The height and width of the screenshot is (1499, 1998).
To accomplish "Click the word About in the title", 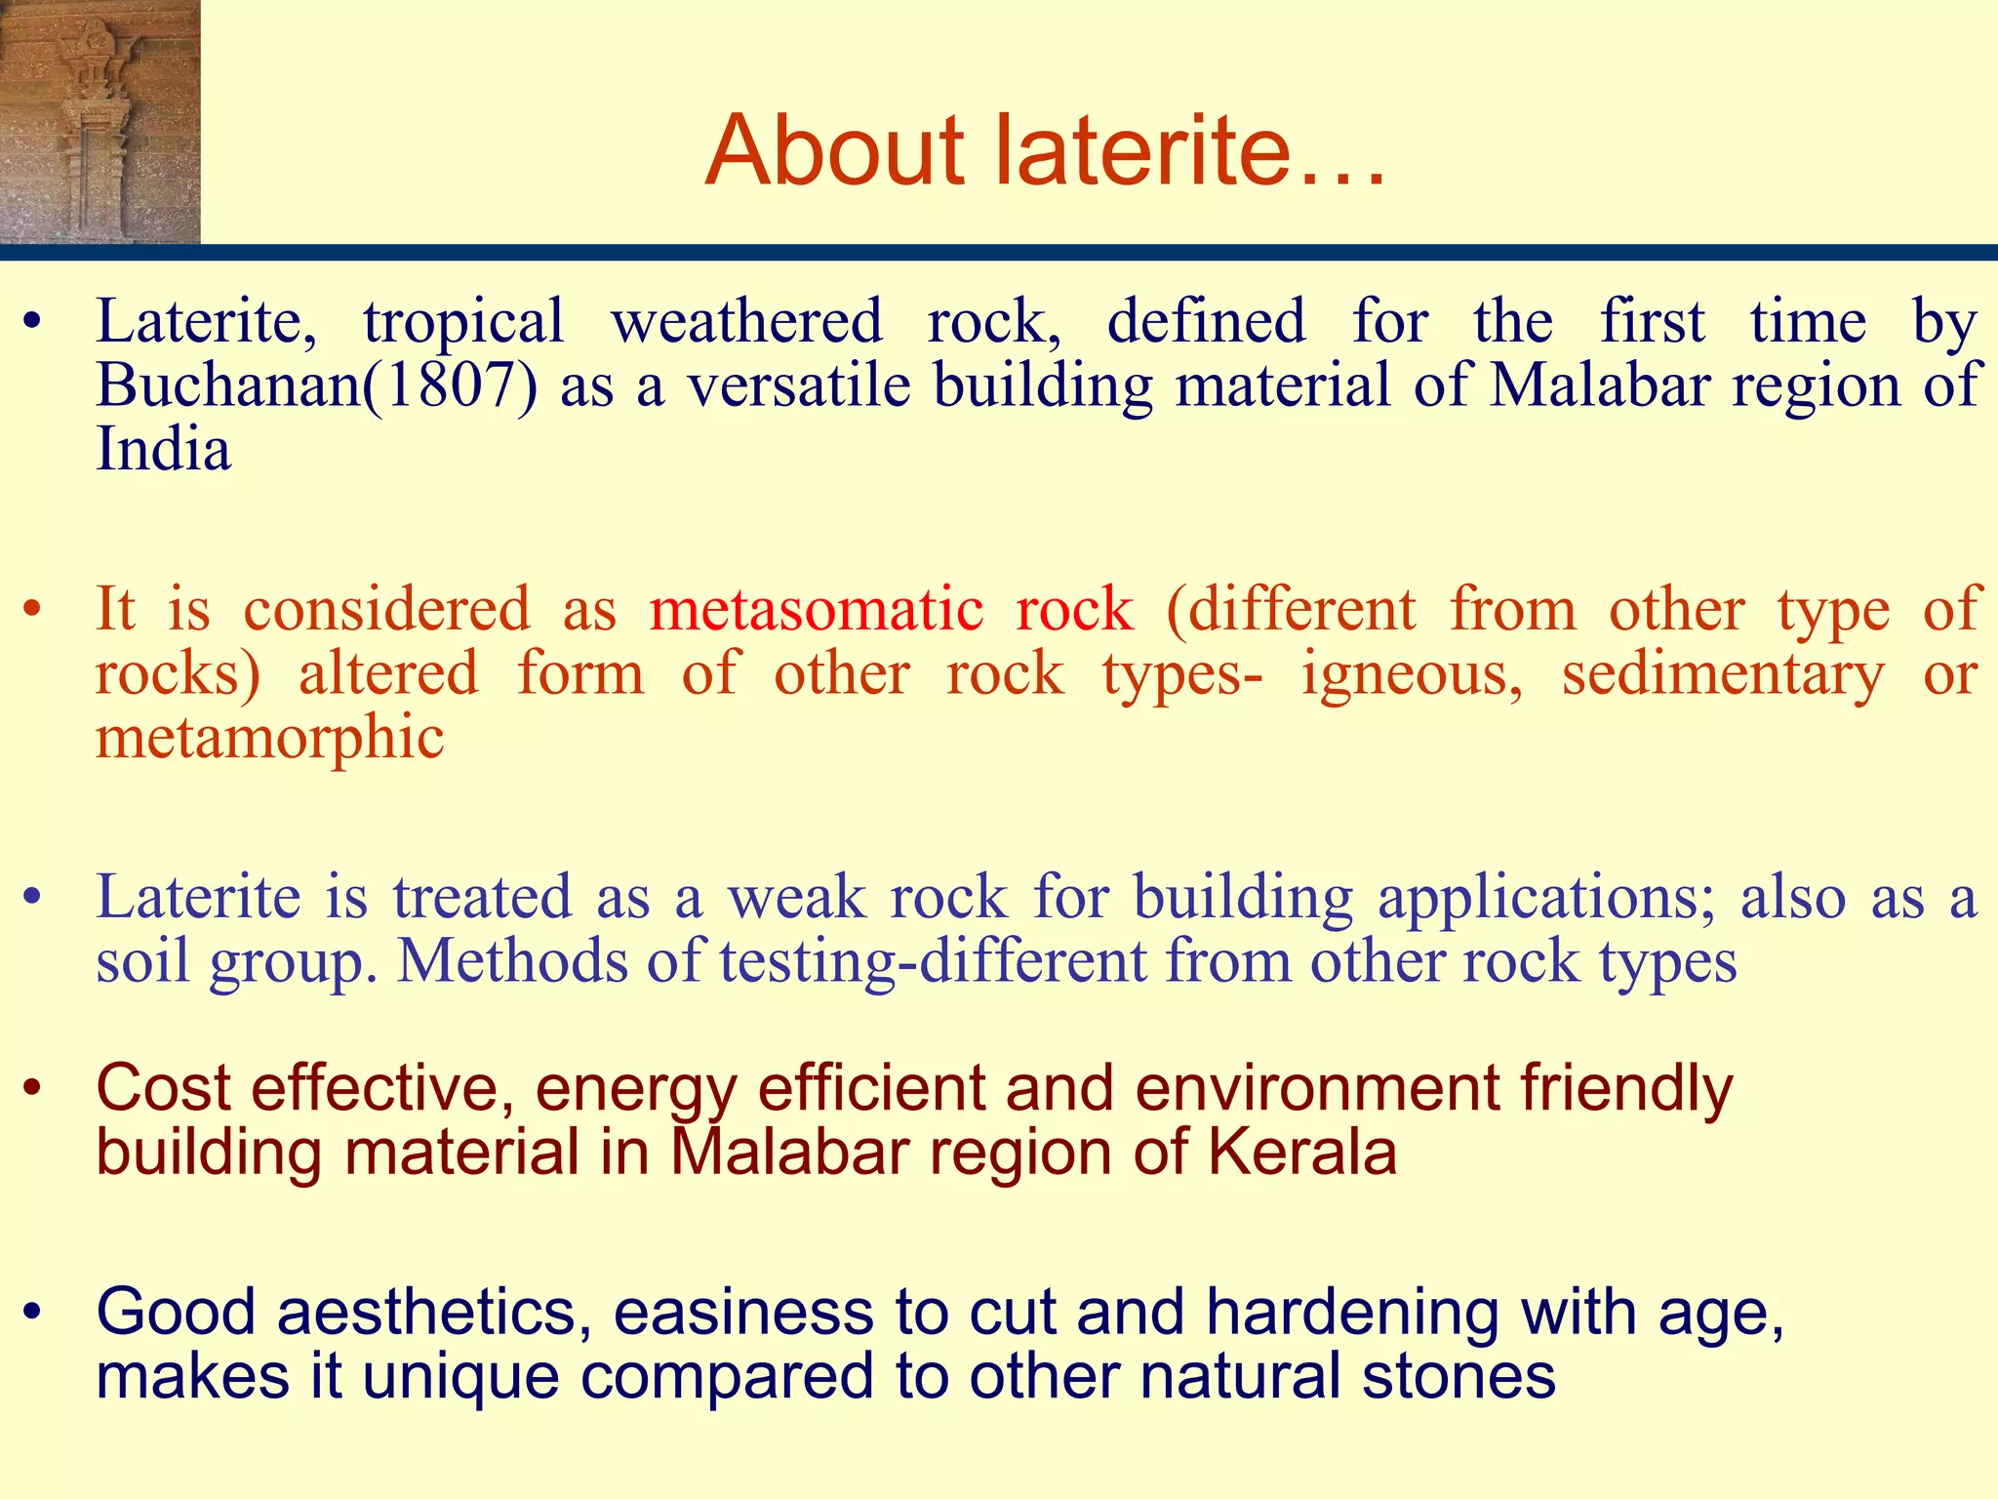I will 835,151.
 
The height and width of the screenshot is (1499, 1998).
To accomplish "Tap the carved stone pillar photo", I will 100,121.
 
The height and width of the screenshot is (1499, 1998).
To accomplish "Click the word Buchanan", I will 228,385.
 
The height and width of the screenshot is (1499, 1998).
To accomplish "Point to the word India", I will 163,450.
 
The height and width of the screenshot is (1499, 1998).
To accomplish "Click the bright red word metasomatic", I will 816,610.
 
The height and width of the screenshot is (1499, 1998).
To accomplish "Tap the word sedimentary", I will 1723,674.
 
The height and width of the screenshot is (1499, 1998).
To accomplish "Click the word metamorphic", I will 269,737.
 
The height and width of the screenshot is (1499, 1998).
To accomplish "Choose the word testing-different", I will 933,962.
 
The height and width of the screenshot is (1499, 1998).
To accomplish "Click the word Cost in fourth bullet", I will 164,1088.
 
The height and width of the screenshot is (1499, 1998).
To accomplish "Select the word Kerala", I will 1302,1153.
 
